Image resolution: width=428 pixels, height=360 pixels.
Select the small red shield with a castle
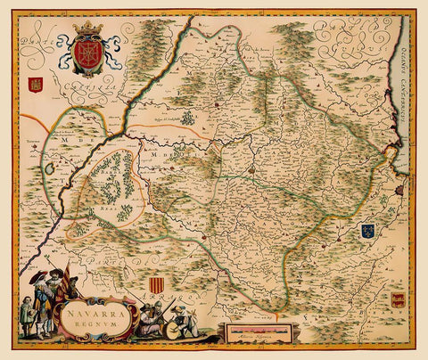(x=37, y=86)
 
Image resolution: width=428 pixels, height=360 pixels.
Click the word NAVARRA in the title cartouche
(x=89, y=314)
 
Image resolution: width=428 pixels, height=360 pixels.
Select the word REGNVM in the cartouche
(x=91, y=328)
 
